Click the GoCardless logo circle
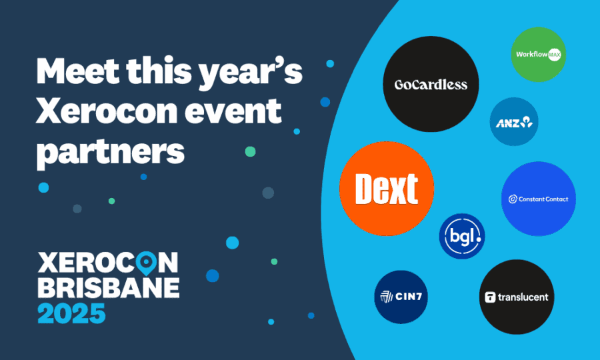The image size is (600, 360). [x=431, y=84]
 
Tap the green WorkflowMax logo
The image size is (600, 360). [x=538, y=55]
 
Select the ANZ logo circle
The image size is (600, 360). [x=513, y=121]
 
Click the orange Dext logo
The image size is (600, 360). [x=387, y=189]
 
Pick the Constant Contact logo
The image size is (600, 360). [x=538, y=199]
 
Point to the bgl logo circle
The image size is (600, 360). [x=461, y=236]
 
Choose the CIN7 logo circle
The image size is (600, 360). [x=401, y=297]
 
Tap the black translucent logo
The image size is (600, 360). [x=517, y=297]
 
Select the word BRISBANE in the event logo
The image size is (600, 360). [x=108, y=287]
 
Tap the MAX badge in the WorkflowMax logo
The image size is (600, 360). [x=555, y=55]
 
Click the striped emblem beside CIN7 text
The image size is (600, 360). [x=386, y=297]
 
